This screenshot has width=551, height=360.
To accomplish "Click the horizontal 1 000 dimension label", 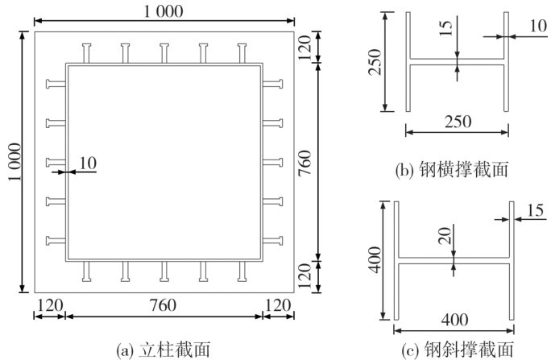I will [164, 10].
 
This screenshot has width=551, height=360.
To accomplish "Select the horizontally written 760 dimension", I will [164, 306].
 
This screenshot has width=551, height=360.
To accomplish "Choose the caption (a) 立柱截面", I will [164, 350].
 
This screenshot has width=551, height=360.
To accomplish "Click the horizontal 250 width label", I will [458, 122].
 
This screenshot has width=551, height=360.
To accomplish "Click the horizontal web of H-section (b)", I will [458, 62].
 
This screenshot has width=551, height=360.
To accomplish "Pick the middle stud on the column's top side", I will [164, 53].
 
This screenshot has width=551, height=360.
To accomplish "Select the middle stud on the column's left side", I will [56, 162].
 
